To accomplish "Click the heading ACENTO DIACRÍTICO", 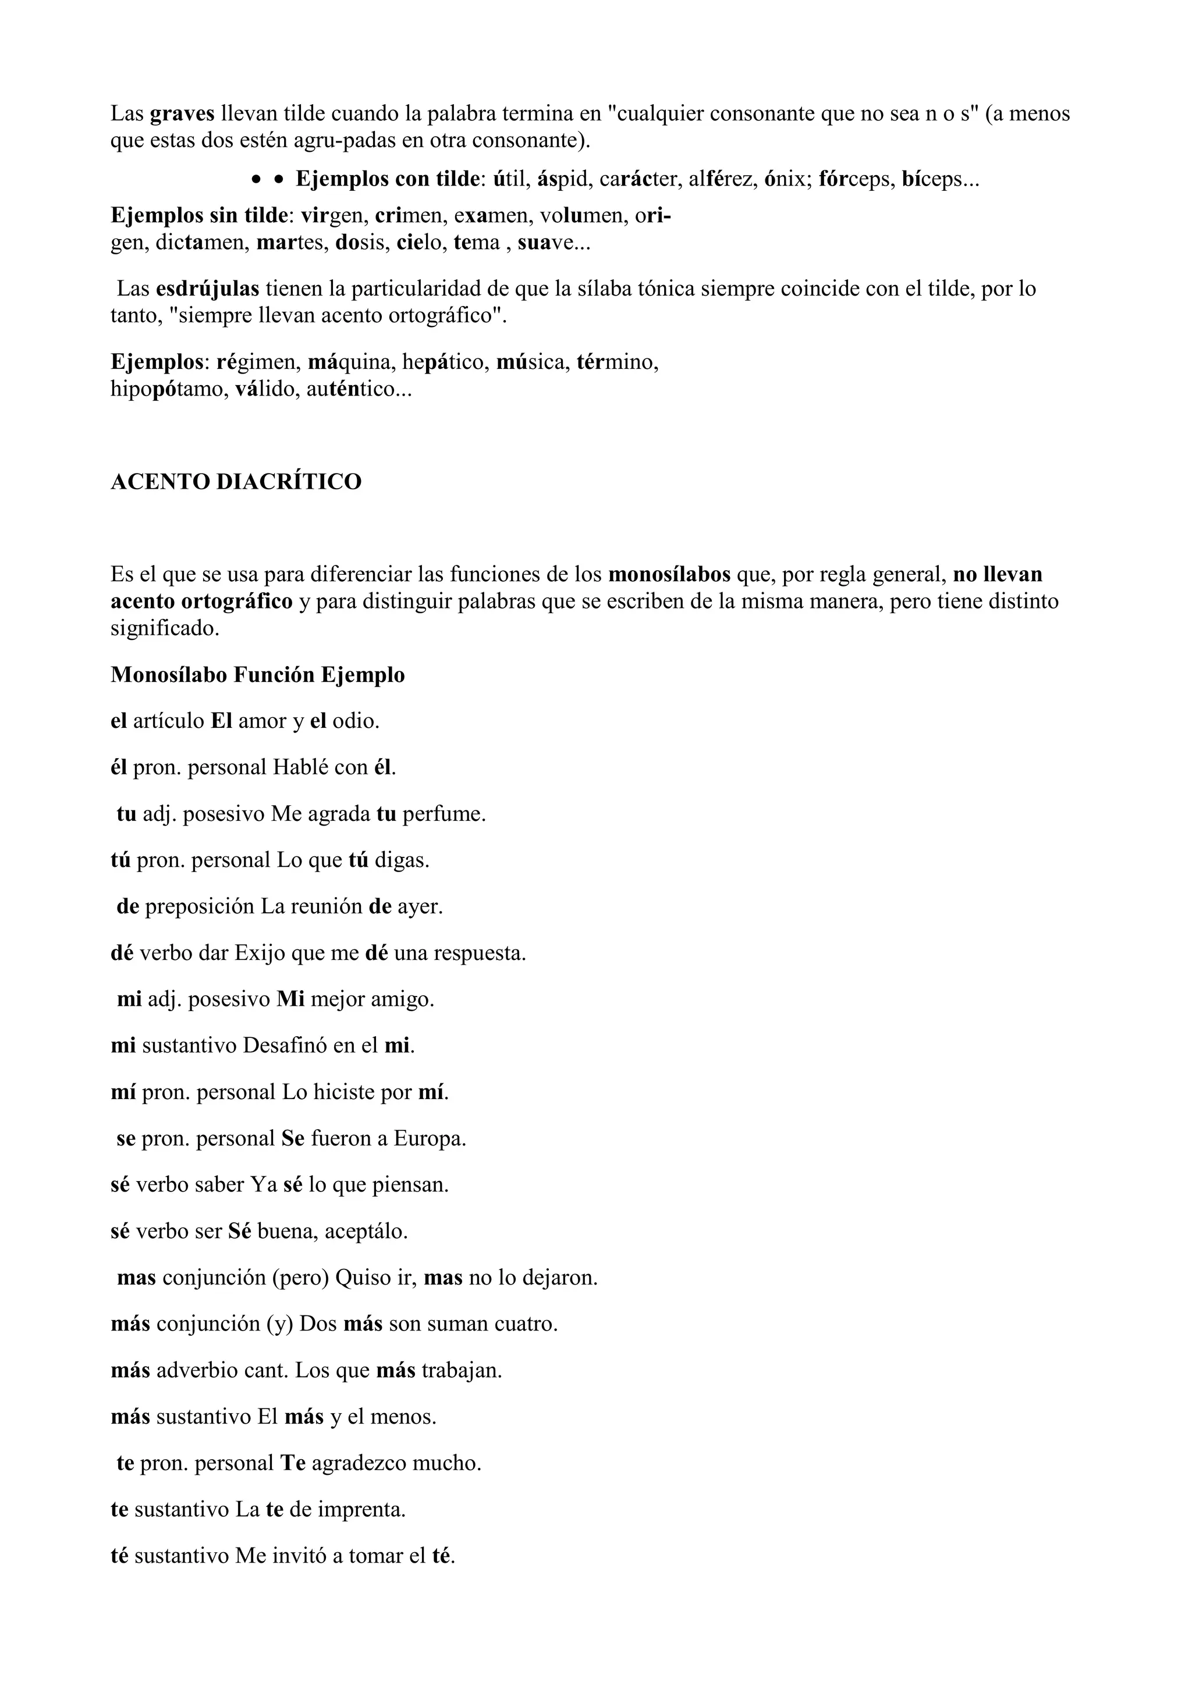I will tap(236, 482).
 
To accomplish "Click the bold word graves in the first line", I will tap(182, 114).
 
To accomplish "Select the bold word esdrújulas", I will tap(207, 289).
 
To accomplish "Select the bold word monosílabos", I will tap(669, 574).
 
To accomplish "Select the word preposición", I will tap(200, 907).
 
